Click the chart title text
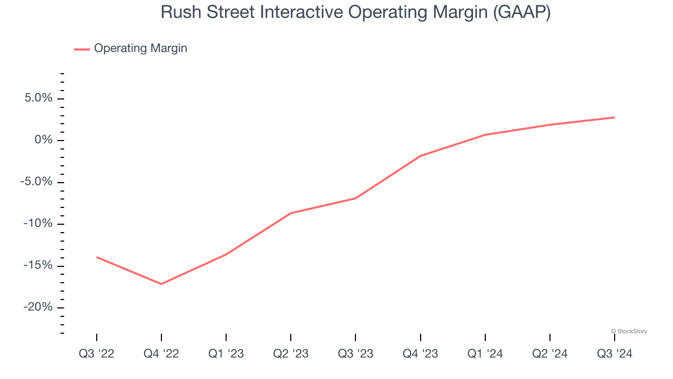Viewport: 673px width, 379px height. pos(355,12)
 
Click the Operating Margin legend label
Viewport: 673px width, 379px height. pos(140,48)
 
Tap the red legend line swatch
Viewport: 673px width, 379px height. pos(82,49)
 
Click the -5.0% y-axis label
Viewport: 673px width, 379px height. pos(36,182)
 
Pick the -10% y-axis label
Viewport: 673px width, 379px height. pos(38,224)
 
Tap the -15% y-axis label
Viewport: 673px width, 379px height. pos(38,265)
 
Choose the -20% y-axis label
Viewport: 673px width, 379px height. pos(38,307)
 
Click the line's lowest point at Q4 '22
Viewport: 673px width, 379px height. pos(161,284)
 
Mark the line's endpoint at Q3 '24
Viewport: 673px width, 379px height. pos(614,117)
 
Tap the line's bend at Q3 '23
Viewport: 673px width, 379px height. pos(355,198)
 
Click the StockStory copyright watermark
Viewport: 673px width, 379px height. pos(629,332)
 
